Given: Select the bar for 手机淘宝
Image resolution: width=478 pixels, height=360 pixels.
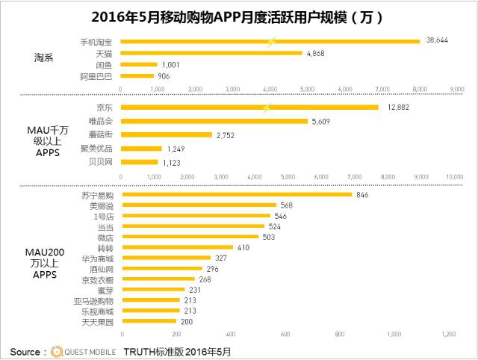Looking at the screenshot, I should tap(269, 41).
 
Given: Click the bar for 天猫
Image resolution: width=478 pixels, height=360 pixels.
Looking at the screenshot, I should tap(211, 53).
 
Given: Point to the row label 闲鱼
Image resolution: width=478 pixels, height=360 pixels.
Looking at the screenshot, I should tap(104, 64).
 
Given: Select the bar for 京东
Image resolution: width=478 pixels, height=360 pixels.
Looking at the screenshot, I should tap(249, 108).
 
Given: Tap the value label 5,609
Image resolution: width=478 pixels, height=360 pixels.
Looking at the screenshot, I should tap(325, 121).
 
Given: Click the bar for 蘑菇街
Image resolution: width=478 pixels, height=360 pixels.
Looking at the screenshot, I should tap(166, 134).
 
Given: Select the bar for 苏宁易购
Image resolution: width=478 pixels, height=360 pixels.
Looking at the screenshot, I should tap(237, 195).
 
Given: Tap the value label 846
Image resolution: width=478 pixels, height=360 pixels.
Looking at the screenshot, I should tap(363, 195).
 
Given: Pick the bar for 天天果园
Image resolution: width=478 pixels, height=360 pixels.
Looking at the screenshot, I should tap(149, 321).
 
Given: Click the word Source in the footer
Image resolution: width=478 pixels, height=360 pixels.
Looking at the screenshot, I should tap(26, 351).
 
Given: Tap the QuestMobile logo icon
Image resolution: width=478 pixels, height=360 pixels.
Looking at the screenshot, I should tap(57, 351).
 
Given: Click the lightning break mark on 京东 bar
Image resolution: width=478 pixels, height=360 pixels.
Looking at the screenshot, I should tap(265, 108).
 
